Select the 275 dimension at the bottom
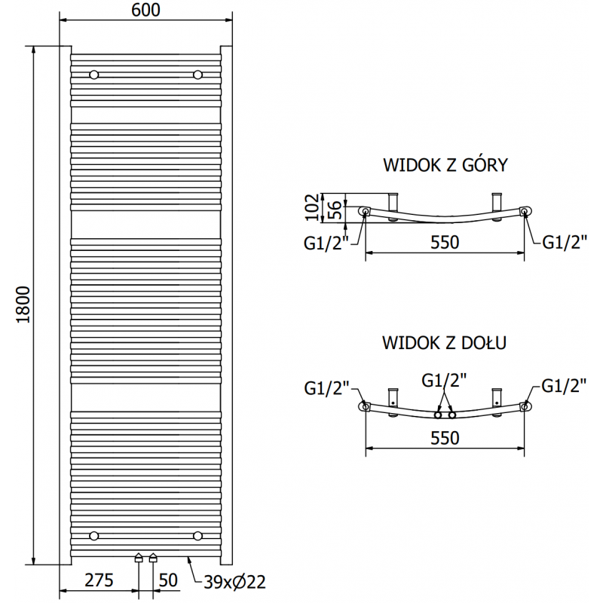[x=99, y=580]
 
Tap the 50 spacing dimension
[x=169, y=580]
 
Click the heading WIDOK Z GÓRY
[x=445, y=164]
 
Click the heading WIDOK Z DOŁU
[x=444, y=343]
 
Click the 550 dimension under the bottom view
[x=445, y=438]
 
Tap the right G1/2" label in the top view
[x=565, y=241]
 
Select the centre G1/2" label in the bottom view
[x=445, y=381]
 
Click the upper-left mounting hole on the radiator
[x=93, y=75]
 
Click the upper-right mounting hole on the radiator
[x=197, y=75]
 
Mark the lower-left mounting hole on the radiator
[x=93, y=536]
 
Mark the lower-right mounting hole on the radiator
[x=197, y=536]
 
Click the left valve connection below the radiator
[x=139, y=559]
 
